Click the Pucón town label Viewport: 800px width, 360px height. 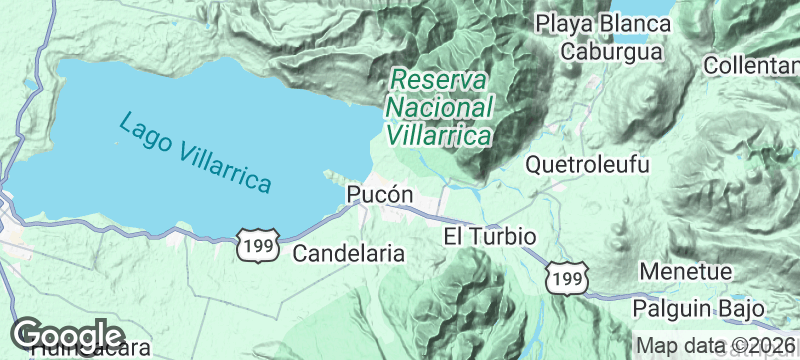pyautogui.click(x=379, y=195)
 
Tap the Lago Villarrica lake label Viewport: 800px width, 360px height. pyautogui.click(x=195, y=153)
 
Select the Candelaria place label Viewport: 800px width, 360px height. pyautogui.click(x=348, y=254)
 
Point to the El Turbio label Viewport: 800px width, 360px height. pyautogui.click(x=490, y=237)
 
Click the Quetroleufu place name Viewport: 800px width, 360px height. pyautogui.click(x=587, y=164)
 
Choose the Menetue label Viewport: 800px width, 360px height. pyautogui.click(x=686, y=271)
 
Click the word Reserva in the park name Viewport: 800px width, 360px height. pyautogui.click(x=439, y=79)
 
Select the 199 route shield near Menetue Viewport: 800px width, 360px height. pyautogui.click(x=567, y=278)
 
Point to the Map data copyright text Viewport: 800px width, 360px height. pyautogui.click(x=714, y=346)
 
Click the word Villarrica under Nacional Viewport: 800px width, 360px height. pyautogui.click(x=439, y=134)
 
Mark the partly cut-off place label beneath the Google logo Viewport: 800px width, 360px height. pyautogui.click(x=90, y=352)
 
